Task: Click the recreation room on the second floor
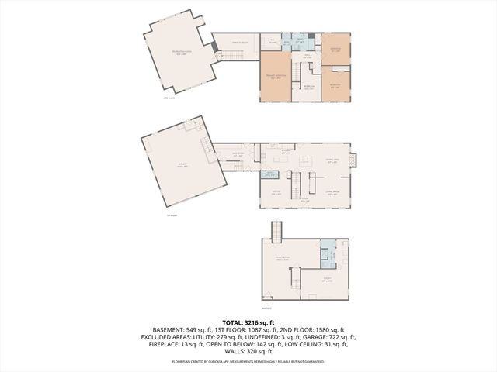coord(177,54)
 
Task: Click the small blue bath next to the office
coord(269,174)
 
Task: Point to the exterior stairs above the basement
coord(275,231)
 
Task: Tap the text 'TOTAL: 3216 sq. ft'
coord(248,322)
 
